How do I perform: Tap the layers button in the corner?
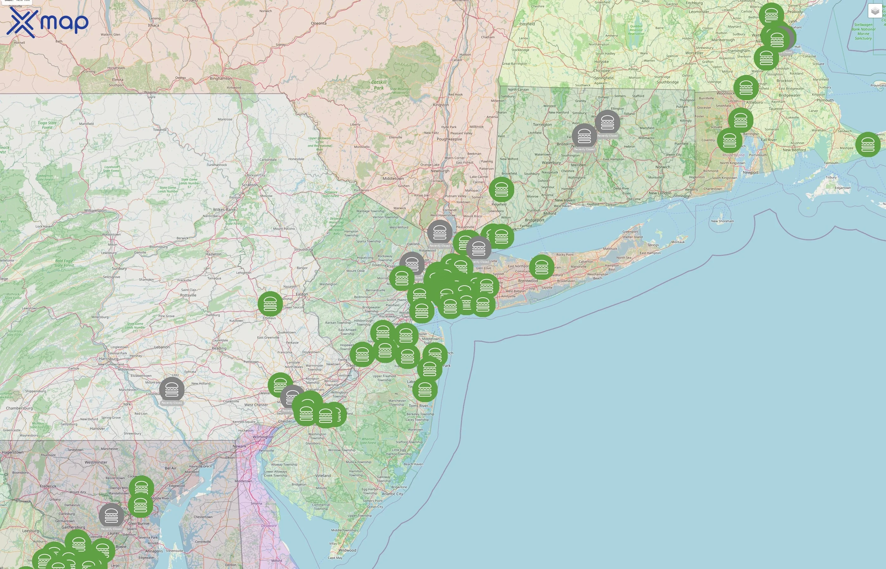tap(875, 11)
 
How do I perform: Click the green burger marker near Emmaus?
tap(270, 304)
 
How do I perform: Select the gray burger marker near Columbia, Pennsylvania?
tap(172, 389)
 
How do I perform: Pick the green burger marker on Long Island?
tap(542, 267)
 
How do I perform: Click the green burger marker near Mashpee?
tap(868, 144)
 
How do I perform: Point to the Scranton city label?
tap(250, 185)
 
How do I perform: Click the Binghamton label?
tap(221, 78)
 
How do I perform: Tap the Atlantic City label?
tap(392, 494)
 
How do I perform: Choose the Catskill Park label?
tap(379, 85)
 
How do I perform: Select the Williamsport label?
tap(96, 211)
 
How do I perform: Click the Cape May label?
tap(335, 558)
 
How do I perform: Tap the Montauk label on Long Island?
tap(678, 242)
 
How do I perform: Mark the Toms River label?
tap(418, 406)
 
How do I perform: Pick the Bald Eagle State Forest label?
tap(64, 263)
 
